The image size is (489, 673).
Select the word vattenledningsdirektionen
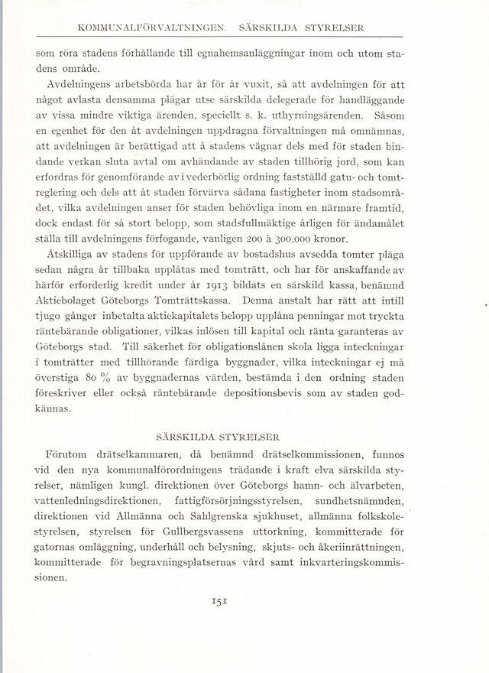point(95,500)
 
